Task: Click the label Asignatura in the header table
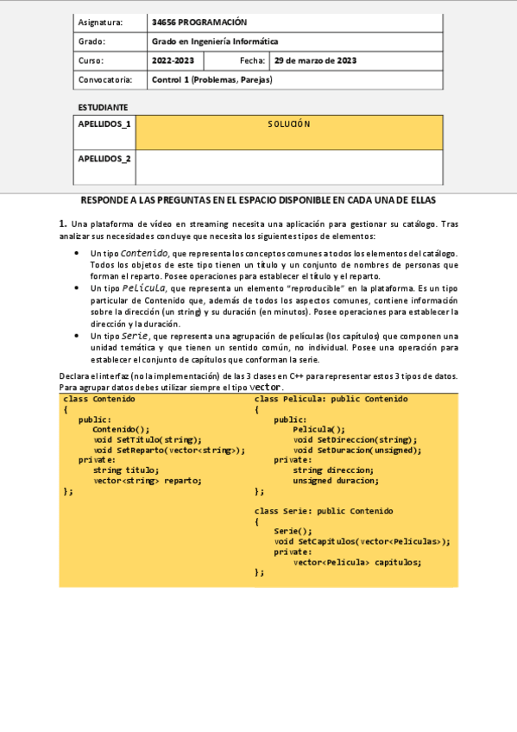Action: (x=100, y=22)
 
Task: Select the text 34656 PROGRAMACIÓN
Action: (x=199, y=22)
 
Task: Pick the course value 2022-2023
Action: (x=173, y=60)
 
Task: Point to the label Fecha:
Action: (x=253, y=60)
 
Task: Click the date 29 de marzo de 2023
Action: (x=315, y=60)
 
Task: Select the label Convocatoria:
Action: (x=105, y=79)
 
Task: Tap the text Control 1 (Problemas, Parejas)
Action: (x=211, y=79)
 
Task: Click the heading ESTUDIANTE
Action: (x=103, y=107)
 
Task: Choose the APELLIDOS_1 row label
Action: (x=104, y=124)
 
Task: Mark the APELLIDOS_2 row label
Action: (x=104, y=159)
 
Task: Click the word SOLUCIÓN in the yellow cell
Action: (x=288, y=124)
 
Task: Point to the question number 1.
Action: (x=63, y=224)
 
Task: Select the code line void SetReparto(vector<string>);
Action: (x=169, y=450)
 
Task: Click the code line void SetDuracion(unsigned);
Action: (x=356, y=450)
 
